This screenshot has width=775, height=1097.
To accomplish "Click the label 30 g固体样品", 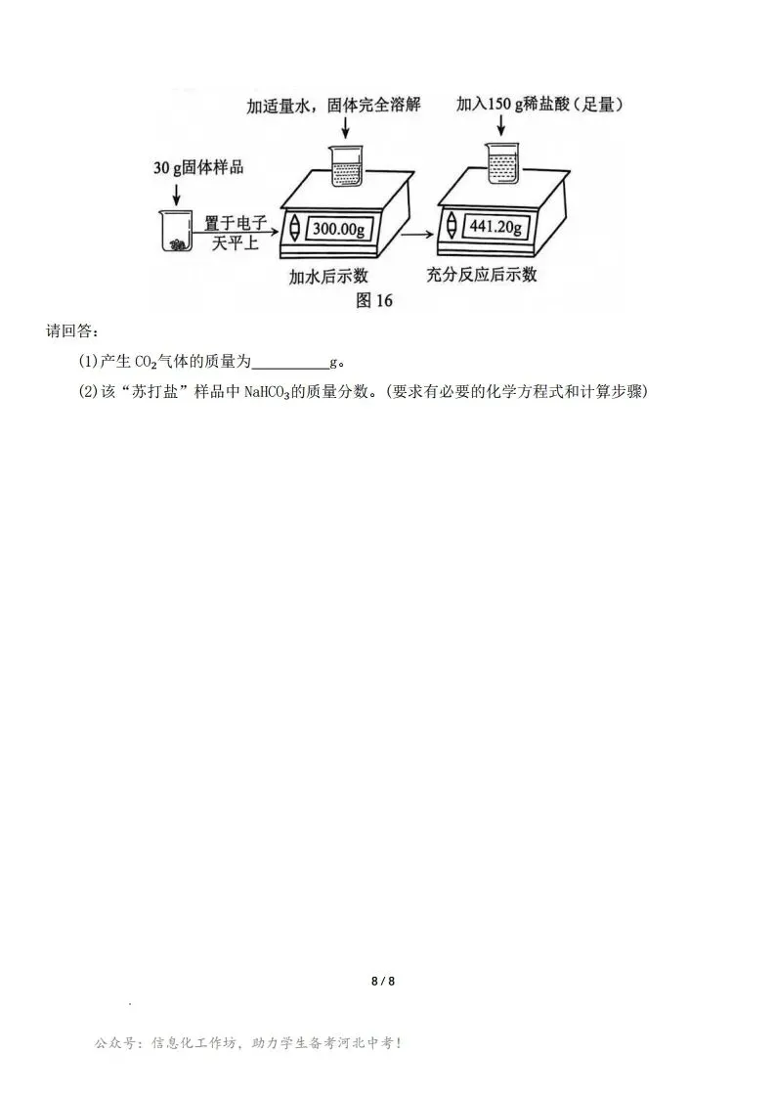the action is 198,167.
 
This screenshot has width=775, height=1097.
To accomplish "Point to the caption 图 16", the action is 374,300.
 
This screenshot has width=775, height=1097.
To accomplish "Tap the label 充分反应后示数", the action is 482,275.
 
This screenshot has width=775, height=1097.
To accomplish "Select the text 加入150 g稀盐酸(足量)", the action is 540,104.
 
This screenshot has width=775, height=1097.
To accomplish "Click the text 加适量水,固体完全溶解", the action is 333,105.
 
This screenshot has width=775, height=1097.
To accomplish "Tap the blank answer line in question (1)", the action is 289,364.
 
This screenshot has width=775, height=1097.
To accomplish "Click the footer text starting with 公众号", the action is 248,1044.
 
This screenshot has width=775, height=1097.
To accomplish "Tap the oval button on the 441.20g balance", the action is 452,225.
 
